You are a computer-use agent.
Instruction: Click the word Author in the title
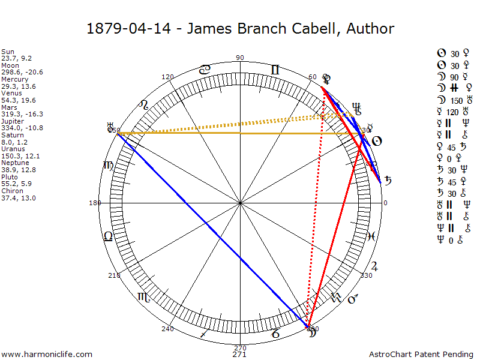coord(370,29)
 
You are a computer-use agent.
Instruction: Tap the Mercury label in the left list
coord(13,79)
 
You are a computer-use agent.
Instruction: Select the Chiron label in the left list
coord(11,191)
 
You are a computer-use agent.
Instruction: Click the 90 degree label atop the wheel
coord(240,58)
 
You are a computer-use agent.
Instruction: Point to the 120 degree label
coord(167,77)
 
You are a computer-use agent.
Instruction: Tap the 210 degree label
coord(113,275)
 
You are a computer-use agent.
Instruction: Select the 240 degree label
coord(167,329)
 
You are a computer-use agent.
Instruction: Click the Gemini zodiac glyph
coord(275,70)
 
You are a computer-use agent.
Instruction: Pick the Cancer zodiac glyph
coord(205,70)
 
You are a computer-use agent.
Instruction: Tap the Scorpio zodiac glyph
coord(143,296)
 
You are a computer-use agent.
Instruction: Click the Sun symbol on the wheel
coord(377,142)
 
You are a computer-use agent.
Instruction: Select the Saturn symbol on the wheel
coord(389,179)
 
